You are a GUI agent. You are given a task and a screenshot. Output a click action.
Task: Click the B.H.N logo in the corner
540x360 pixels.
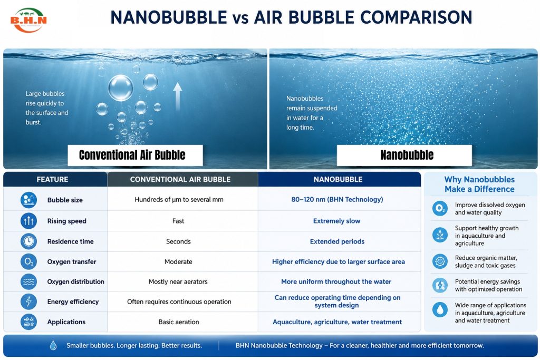[28, 20]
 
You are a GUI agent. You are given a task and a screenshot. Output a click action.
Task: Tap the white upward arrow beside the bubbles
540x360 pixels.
[177, 96]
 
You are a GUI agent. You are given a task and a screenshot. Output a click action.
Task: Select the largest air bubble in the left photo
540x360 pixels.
[121, 88]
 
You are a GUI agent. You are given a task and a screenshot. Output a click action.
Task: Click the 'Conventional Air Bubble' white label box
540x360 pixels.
[135, 155]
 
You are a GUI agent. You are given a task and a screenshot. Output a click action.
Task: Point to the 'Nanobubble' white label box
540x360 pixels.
[404, 155]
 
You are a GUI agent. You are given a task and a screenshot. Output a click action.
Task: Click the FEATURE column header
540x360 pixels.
[52, 179]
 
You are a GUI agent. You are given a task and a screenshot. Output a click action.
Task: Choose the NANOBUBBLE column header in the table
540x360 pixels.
[338, 179]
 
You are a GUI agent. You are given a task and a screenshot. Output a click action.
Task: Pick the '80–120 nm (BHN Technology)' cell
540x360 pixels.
[337, 199]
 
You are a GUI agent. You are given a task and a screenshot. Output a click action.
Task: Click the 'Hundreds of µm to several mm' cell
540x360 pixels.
[179, 199]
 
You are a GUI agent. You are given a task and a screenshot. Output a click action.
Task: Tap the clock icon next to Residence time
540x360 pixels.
[28, 241]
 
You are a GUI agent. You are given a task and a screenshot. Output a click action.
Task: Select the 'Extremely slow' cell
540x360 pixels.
[336, 221]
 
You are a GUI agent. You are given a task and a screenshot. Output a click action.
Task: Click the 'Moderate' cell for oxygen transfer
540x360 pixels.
[178, 261]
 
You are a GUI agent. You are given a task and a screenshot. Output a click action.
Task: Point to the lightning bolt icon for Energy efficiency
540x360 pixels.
[28, 301]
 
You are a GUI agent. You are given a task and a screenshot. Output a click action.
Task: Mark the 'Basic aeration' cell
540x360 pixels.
[179, 322]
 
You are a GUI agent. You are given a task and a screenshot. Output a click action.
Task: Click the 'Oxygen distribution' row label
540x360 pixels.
[75, 281]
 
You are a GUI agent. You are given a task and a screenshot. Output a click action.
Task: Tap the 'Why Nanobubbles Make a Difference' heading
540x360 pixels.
[479, 184]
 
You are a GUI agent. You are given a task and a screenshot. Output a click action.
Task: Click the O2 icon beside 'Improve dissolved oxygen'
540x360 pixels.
[440, 208]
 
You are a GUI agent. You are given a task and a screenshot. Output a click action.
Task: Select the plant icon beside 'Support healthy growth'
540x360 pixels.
[440, 235]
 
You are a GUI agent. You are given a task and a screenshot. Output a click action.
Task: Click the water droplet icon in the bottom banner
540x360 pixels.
[53, 345]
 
